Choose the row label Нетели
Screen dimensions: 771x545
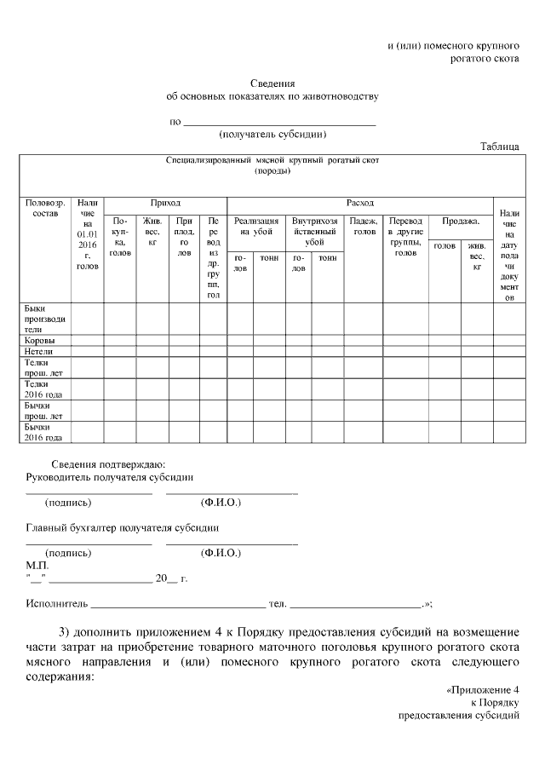coord(39,351)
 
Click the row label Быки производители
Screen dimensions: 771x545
coord(45,318)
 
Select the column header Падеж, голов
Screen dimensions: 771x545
coord(364,226)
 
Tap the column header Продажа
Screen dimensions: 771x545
coord(461,221)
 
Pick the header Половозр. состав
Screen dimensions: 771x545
coord(45,208)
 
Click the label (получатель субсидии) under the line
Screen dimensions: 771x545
coord(272,134)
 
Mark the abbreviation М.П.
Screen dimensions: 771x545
coord(37,565)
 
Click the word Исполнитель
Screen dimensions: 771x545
coord(56,603)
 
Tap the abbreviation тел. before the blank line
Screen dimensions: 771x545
coord(277,603)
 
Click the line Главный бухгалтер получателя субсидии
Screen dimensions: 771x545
coord(122,528)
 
